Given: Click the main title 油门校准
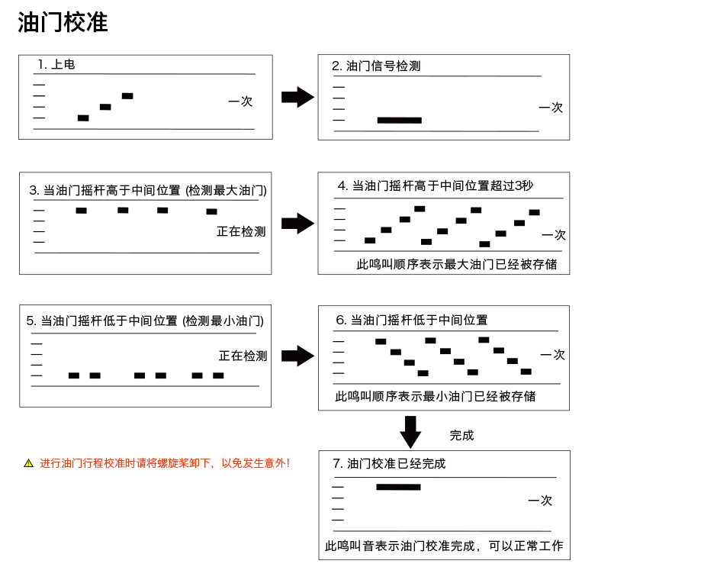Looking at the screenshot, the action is point(63,22).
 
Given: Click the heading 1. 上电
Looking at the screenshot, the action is point(56,64).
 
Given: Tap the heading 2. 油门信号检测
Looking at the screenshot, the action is point(376,66).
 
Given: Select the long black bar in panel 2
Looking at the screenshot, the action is point(399,121).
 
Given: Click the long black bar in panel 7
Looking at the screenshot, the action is point(398,487).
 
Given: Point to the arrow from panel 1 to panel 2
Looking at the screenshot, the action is point(297,97).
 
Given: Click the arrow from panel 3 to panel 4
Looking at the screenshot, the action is point(297,224).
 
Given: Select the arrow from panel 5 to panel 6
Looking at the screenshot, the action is point(297,356).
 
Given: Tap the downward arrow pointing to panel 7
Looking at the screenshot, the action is point(410,432).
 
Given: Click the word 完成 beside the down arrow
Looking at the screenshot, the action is point(461,435).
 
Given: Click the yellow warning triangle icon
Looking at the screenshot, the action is point(28,463).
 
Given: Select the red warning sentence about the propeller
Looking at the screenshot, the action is point(165,463).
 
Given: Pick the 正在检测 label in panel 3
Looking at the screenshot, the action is point(241,231).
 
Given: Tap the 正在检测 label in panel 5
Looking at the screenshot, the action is point(243,356).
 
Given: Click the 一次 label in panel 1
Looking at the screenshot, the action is point(240,101).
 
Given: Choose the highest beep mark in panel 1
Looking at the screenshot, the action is point(127,96).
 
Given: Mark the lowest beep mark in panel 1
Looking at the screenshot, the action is point(83,118).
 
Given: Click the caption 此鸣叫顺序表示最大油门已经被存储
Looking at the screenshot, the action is point(457,264).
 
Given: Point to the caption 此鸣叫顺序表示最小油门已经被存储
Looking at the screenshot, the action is point(436,396).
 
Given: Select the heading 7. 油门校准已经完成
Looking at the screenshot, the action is point(389,464).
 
